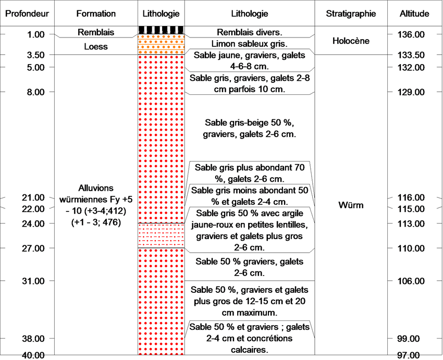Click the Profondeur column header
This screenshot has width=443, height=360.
tap(27, 14)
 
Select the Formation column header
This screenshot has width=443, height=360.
tap(96, 14)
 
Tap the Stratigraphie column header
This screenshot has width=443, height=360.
tap(351, 14)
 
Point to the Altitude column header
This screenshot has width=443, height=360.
tap(414, 14)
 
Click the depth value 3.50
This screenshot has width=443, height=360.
tap(35, 55)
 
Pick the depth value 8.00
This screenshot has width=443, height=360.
tap(35, 92)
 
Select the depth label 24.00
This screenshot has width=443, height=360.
tap(33, 224)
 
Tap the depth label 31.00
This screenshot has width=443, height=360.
tap(33, 281)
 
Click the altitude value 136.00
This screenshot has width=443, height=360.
tap(411, 35)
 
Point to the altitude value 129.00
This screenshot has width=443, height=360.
tap(411, 92)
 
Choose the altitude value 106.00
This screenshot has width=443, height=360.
tap(411, 281)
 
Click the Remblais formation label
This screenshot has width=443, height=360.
tap(96, 32)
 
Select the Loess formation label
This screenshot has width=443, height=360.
tap(96, 46)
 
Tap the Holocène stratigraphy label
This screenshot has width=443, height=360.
tap(351, 41)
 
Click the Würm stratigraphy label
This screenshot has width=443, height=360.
tap(351, 205)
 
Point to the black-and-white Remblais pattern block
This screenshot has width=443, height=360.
tap(162, 30)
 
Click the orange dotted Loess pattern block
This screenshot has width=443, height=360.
tap(162, 44)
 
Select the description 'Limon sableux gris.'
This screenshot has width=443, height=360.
tap(250, 44)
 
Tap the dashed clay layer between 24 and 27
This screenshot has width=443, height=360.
tap(162, 235)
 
